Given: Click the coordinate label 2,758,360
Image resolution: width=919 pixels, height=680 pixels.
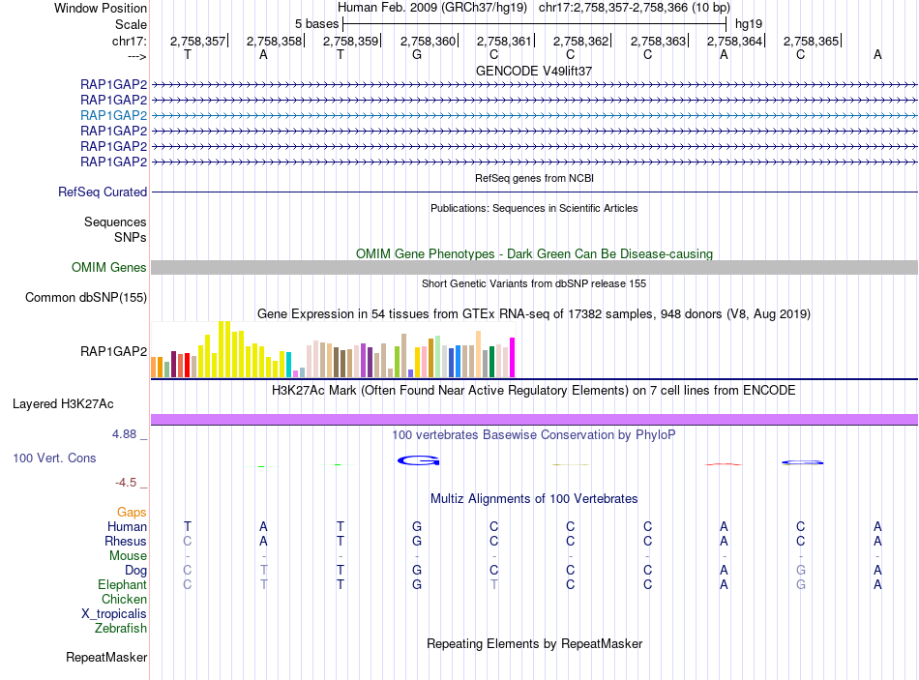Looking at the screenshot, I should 427,41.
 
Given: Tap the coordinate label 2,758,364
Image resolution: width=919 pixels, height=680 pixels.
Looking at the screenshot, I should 733,41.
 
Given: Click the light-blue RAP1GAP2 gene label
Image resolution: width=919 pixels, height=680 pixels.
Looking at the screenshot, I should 114,115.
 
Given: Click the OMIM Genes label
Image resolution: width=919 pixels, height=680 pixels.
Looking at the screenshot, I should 109,268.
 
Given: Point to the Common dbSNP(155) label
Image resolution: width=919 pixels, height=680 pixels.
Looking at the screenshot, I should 86,298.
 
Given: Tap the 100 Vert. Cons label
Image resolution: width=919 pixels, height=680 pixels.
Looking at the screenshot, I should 54,458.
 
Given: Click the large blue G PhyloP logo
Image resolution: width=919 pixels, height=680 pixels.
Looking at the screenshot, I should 418,460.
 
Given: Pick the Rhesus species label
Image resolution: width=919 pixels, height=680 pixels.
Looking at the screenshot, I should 127,541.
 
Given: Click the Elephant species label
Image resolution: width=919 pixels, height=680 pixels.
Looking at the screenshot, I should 122,585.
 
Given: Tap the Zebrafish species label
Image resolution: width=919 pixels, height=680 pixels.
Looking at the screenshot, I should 121,629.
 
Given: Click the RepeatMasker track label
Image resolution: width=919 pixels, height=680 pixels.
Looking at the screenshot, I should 106,658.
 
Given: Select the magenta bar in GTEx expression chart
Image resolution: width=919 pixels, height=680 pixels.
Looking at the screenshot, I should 513,357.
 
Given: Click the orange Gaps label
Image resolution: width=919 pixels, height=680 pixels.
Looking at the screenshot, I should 132,512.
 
